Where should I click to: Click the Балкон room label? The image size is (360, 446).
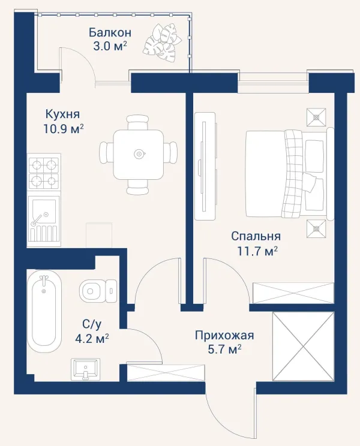(110, 32)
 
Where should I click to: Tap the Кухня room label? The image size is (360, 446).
(62, 114)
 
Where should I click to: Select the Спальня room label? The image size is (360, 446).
(256, 236)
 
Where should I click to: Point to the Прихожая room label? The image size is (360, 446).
(224, 335)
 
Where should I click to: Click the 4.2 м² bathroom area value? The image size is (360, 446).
(92, 339)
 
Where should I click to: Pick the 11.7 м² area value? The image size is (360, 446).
(257, 251)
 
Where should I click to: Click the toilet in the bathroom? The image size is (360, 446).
(98, 291)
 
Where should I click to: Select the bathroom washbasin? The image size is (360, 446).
(85, 369)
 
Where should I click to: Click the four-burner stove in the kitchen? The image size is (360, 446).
(44, 174)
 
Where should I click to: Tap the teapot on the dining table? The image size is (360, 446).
(139, 154)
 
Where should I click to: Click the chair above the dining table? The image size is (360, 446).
(138, 123)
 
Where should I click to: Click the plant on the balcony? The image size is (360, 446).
(161, 43)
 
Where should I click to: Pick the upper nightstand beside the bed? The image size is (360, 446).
(316, 117)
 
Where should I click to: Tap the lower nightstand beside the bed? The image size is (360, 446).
(316, 228)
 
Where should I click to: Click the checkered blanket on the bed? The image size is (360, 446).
(293, 174)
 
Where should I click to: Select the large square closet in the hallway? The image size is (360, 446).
(303, 346)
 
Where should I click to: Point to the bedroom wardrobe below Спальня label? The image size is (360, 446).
(293, 293)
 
